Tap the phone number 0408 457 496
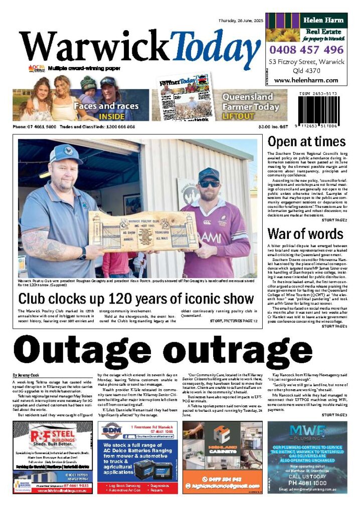(306, 50)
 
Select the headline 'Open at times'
(306, 142)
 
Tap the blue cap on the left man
(66, 153)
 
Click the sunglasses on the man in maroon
(209, 184)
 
